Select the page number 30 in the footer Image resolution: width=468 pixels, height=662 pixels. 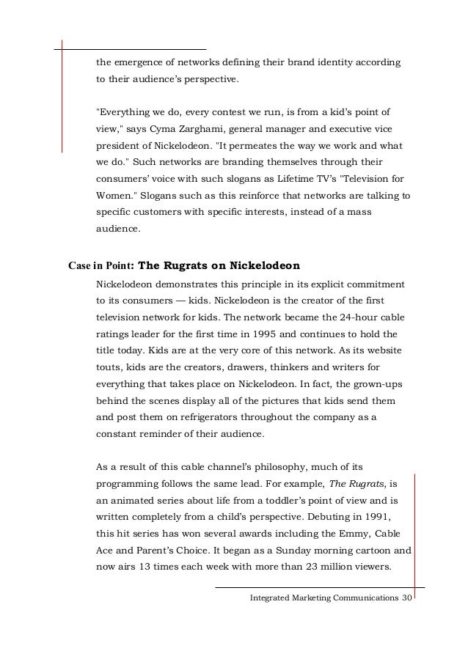point(407,599)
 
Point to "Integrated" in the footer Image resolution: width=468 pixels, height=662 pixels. point(274,599)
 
